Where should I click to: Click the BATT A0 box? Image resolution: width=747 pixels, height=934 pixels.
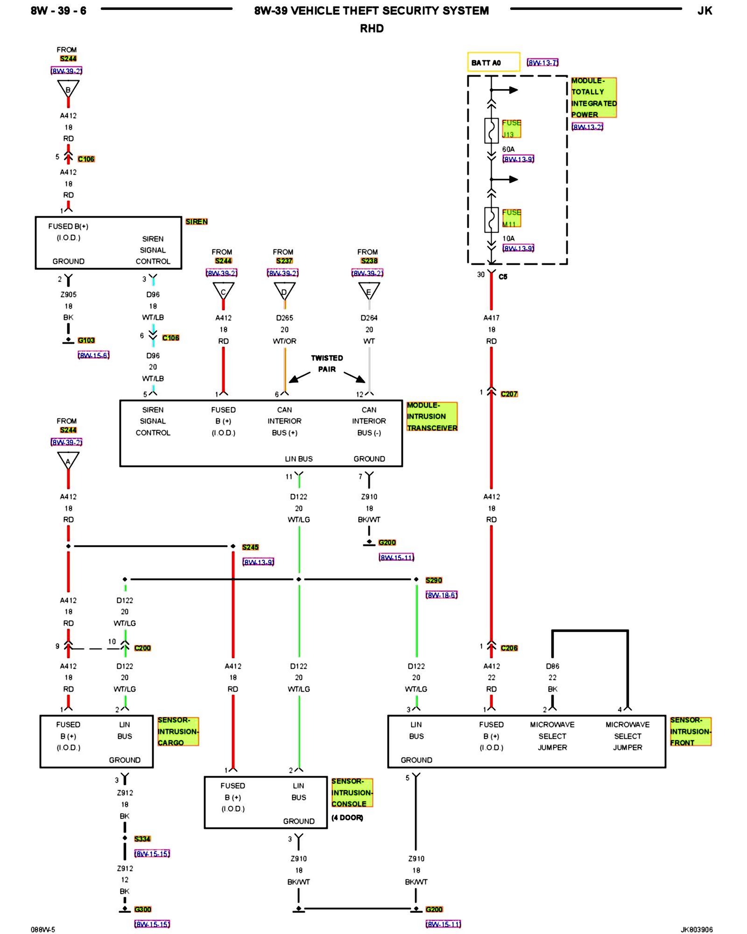[493, 62]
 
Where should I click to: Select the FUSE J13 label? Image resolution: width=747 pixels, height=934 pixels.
[511, 128]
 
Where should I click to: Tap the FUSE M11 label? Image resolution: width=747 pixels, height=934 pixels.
[511, 218]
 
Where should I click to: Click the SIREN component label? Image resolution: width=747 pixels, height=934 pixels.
[196, 221]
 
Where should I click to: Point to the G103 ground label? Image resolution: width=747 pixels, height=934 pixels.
[86, 340]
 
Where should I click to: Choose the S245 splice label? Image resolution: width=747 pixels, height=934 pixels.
[250, 547]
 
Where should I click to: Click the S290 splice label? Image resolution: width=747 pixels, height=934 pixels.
[434, 580]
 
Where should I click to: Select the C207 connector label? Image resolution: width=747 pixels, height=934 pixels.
[509, 394]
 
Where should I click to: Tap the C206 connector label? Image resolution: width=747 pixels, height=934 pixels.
[509, 648]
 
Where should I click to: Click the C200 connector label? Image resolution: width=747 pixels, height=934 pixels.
[142, 648]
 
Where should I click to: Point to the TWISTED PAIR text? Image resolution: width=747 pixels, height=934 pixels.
[327, 363]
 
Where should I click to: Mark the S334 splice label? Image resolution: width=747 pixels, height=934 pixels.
[142, 839]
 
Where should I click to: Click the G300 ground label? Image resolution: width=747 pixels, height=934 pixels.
[142, 909]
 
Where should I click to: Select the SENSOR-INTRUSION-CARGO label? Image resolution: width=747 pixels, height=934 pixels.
[178, 731]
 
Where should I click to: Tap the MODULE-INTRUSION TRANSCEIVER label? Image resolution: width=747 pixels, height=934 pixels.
[432, 417]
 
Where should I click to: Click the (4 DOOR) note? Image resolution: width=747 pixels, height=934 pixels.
[347, 818]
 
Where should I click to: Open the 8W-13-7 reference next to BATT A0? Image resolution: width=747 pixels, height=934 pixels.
[543, 63]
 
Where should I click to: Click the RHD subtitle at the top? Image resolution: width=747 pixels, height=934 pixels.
[372, 28]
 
